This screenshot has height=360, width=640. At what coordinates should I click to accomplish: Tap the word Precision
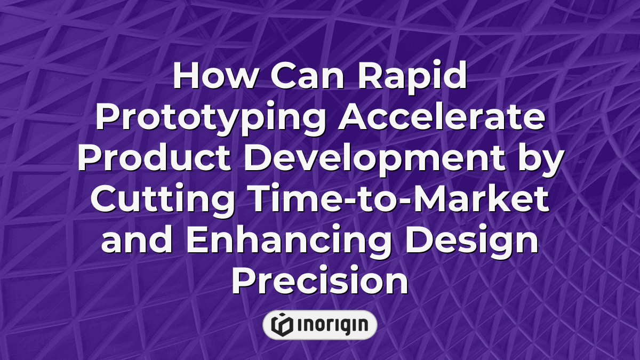pos(319,281)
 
